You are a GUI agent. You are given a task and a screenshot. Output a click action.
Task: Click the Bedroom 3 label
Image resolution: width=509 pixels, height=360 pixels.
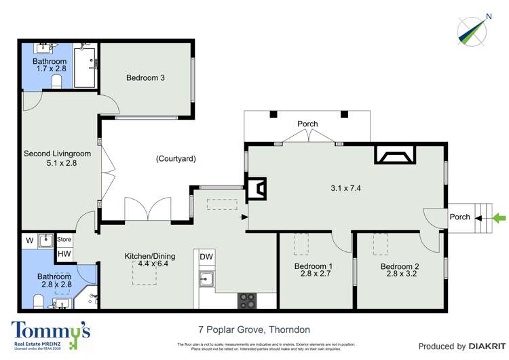coord(145,77)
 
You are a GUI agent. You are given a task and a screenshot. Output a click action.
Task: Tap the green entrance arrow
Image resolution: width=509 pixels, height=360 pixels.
coord(499,218)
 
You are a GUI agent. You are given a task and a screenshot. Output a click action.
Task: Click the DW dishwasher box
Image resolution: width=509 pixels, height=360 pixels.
coord(206,256)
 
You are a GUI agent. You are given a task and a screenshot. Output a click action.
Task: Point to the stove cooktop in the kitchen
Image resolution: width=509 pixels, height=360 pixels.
coord(248,300)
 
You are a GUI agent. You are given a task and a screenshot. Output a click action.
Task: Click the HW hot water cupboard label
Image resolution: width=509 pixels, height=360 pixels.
coord(64,254)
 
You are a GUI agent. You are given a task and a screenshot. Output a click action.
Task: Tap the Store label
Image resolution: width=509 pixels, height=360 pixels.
coord(64,239)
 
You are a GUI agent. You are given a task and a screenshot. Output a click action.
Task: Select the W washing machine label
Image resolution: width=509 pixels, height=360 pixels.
coord(30,240)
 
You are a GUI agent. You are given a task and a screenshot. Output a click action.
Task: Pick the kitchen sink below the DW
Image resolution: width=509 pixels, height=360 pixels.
coord(206,279)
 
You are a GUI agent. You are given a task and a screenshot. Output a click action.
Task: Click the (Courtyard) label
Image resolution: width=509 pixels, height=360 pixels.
coord(176,159)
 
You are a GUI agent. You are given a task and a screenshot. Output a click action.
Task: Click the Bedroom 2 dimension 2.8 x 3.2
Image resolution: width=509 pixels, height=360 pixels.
coord(399,274)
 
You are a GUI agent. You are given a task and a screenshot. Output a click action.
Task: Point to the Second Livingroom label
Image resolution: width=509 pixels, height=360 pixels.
coord(52,154)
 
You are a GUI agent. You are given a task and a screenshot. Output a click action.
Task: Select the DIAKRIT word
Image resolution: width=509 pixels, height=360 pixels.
coord(485,346)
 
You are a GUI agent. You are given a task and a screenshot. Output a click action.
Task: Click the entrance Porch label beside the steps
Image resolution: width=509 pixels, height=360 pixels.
coord(459,217)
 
